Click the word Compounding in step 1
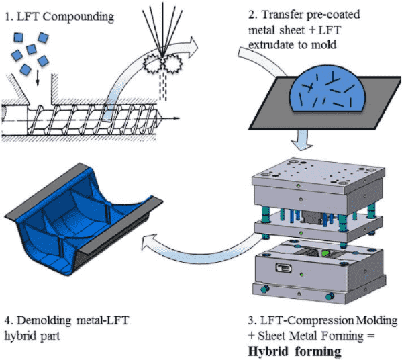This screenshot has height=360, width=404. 78,17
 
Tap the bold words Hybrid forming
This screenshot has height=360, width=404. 295,351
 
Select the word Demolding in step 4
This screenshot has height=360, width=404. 44,321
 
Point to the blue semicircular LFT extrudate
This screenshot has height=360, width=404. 327,95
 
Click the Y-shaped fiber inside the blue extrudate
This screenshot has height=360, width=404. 334,79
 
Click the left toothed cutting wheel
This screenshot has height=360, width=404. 152,63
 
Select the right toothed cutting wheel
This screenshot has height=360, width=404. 172,63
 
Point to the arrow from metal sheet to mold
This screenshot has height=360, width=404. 302,140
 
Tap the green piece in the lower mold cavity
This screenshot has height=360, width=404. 325,253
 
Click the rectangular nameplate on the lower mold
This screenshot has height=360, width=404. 284,268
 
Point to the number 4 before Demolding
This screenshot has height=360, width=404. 8,321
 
